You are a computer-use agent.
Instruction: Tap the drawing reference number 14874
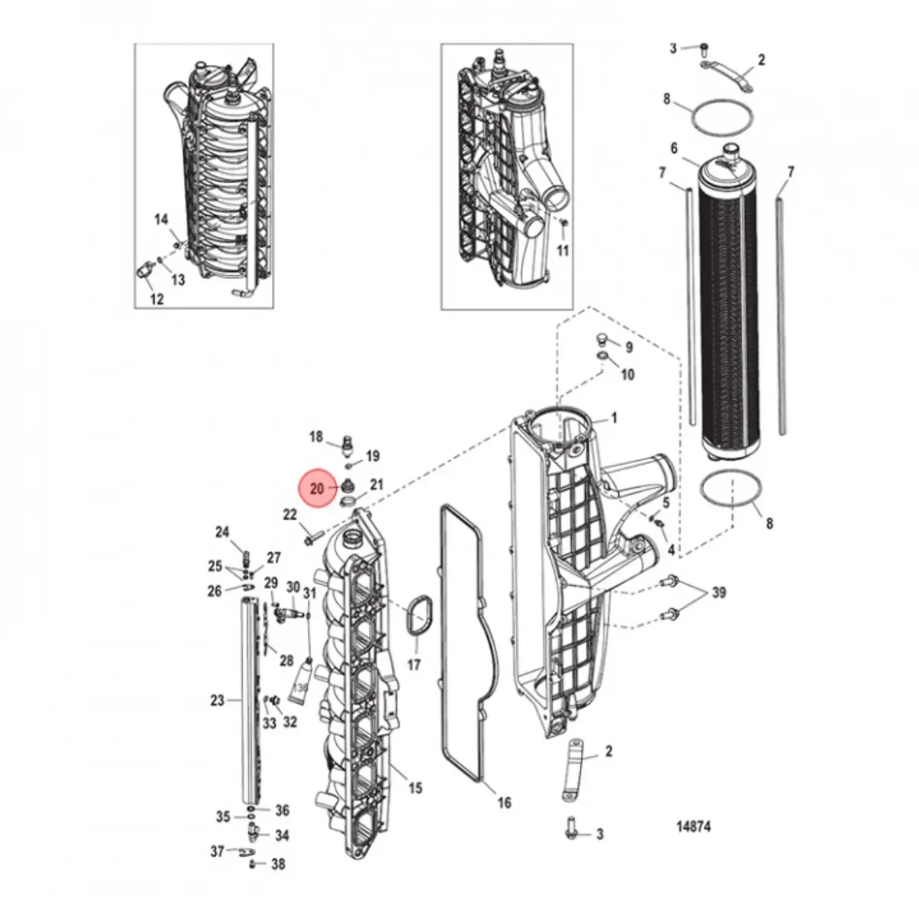(x=693, y=827)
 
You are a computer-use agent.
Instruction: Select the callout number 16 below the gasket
(x=504, y=803)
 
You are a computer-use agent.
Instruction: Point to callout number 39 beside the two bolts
(x=718, y=593)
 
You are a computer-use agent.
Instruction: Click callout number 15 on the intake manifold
(x=415, y=788)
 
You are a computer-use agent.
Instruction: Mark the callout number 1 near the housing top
(x=613, y=419)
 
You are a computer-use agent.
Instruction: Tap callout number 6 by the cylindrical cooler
(x=674, y=149)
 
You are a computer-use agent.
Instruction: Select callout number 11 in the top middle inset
(x=563, y=250)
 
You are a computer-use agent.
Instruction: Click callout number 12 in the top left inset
(x=156, y=299)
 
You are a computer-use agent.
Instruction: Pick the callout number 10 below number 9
(x=628, y=374)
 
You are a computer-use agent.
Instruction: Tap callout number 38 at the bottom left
(x=278, y=864)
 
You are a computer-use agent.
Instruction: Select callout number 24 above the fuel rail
(x=222, y=532)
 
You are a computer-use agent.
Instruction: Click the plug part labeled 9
(x=602, y=339)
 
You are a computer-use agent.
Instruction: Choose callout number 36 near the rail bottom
(x=282, y=810)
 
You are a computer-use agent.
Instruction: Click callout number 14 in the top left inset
(x=161, y=220)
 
